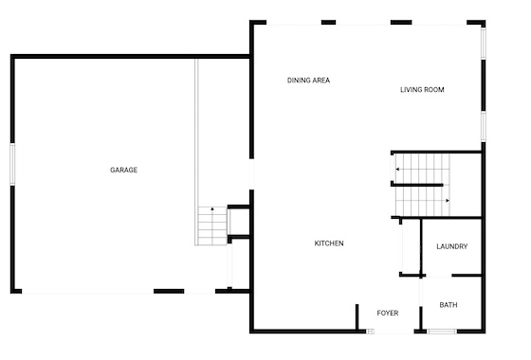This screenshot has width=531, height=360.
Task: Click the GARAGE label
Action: coord(123,170)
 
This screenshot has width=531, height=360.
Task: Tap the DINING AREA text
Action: coord(308,81)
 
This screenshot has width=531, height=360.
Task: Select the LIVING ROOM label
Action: coord(422,90)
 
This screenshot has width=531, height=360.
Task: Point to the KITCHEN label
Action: coord(329,243)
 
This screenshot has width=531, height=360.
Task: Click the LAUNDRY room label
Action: coord(452,246)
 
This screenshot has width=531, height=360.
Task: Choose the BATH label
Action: coord(449,305)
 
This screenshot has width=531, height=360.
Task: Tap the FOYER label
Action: coord(388,314)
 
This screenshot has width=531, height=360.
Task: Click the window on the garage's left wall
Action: coord(12,165)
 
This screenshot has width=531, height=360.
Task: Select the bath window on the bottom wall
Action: coord(441,332)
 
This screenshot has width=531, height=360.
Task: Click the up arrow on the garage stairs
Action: coord(212,209)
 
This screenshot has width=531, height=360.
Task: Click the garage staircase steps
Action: coord(212,225)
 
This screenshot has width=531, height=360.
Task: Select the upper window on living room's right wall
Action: coord(484,44)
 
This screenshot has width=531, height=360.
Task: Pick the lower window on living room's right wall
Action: coord(484,127)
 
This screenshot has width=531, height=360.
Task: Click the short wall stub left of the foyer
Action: coord(357,316)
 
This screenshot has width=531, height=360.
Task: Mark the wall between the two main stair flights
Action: coord(417,185)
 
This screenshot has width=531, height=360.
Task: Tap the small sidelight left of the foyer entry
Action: coord(371,332)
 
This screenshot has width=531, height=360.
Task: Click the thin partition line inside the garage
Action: coord(196,152)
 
